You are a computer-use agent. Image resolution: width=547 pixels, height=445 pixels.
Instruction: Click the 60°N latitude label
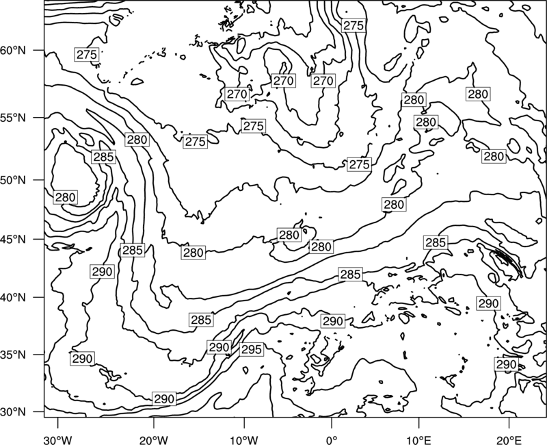point(13,51)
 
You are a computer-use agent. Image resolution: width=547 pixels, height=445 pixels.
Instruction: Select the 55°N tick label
point(13,118)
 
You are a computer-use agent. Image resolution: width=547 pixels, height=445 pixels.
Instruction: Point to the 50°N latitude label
point(13,180)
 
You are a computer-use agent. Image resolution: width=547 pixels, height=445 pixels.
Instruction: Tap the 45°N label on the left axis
point(13,240)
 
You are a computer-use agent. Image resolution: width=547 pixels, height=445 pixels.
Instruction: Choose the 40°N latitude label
point(13,298)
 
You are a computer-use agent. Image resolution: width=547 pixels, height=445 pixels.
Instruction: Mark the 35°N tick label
point(13,355)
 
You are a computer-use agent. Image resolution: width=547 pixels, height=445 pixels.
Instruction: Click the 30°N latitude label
point(13,412)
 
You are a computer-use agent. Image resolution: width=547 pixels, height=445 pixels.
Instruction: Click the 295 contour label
point(251,349)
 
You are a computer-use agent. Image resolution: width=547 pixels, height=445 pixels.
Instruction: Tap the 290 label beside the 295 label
point(219,347)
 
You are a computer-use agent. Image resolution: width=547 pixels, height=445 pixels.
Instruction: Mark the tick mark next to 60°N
point(39,50)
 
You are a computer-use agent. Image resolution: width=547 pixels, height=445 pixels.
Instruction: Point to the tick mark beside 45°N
point(39,239)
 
